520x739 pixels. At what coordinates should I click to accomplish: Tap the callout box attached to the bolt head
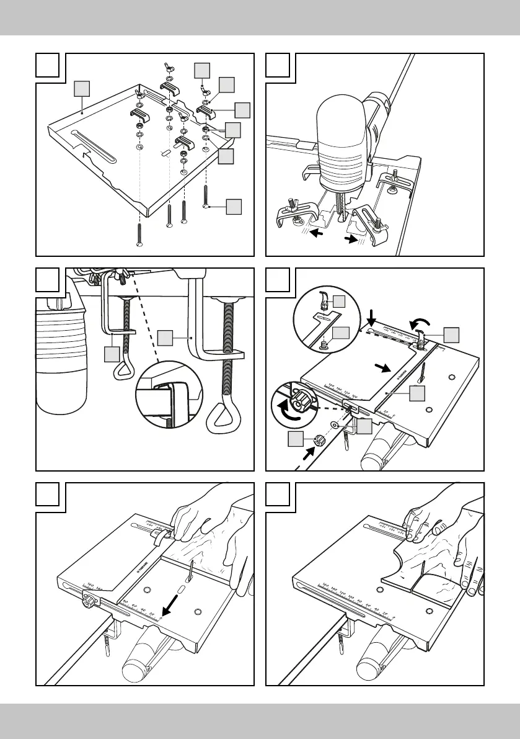tap(233, 206)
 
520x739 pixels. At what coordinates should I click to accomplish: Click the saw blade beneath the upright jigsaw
tap(342, 205)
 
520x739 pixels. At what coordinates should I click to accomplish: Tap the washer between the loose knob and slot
tap(335, 425)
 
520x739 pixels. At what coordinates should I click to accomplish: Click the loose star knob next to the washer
tap(321, 441)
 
